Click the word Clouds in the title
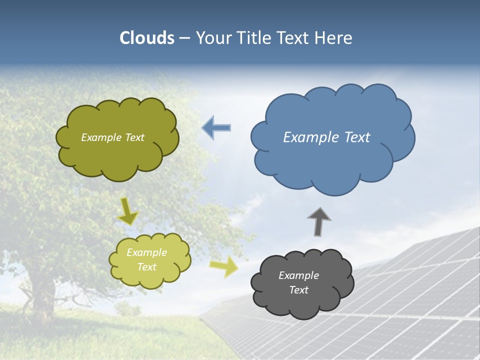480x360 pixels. pos(147,38)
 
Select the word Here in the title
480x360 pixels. pos(335,38)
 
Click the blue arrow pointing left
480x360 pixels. pos(216,128)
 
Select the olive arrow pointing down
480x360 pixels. pos(128,211)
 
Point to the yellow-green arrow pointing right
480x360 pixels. pos(223,267)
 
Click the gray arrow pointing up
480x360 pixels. pos(318,221)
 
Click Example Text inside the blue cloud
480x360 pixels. pos(326,137)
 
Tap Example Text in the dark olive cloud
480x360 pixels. pos(112,137)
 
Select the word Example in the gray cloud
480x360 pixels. pos(298,275)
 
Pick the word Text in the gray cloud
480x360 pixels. pos(298,290)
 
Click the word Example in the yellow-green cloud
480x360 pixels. pos(146,252)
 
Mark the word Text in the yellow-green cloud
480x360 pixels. pos(146,267)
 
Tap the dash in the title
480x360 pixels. pos(184,38)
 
